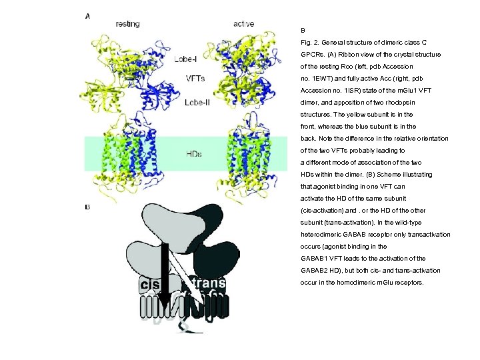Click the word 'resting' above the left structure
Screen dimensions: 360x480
click(x=127, y=24)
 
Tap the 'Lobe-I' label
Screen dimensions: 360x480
click(x=189, y=59)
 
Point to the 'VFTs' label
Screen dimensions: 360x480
click(x=195, y=79)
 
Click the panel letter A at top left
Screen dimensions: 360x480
click(x=88, y=16)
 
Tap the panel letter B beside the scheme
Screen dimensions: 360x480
click(x=87, y=207)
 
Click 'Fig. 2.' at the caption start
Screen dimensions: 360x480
click(x=311, y=43)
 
